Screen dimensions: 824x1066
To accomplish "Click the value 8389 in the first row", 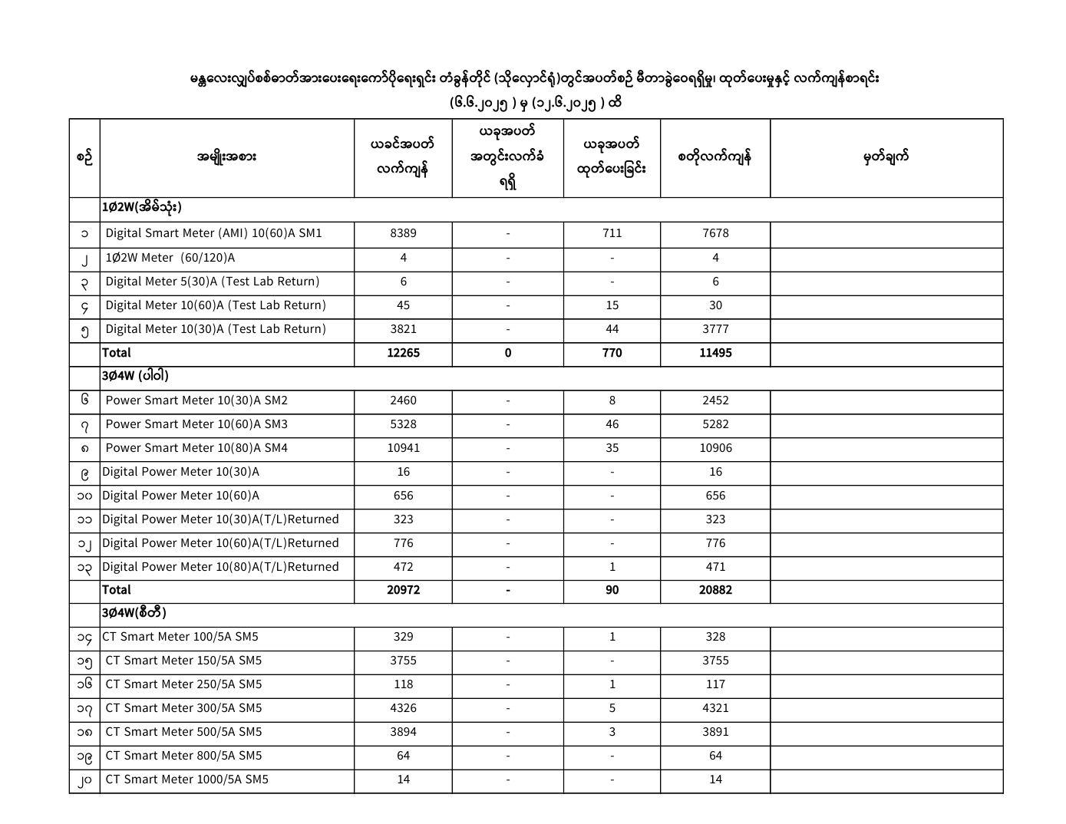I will [x=403, y=233].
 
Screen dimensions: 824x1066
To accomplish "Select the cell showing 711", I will [x=612, y=233].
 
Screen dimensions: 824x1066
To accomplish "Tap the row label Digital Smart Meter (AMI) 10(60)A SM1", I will [x=213, y=233].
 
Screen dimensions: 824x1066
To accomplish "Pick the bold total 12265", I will [x=403, y=353].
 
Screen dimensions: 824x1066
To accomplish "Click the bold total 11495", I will [x=715, y=353].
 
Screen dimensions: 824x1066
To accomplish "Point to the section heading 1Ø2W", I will [x=141, y=208].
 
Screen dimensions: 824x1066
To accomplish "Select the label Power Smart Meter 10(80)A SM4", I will [x=196, y=448].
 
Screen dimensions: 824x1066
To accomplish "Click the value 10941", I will [x=403, y=448].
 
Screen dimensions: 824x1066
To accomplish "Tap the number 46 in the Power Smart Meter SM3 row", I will [x=612, y=424].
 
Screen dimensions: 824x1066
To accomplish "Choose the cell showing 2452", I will [x=715, y=400].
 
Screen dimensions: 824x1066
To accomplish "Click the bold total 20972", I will [x=403, y=590].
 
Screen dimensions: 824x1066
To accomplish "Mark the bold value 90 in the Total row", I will [x=612, y=590].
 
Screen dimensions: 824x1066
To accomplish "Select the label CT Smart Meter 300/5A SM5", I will [x=183, y=708].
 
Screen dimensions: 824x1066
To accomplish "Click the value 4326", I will [x=403, y=708].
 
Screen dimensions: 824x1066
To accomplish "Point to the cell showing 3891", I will [x=715, y=732].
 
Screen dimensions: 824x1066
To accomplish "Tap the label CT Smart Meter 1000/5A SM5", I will [x=186, y=780].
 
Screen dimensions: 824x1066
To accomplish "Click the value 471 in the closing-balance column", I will [x=715, y=567].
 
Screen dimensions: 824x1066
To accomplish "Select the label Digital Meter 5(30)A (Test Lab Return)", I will [x=212, y=282].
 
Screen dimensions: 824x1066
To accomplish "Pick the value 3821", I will [x=403, y=329].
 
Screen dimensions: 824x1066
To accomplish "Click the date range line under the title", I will [x=535, y=103].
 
